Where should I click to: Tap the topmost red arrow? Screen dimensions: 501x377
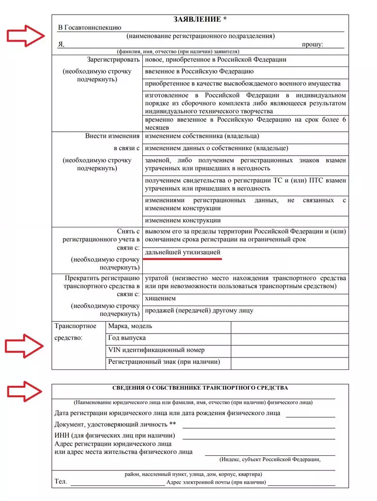(x=25, y=35)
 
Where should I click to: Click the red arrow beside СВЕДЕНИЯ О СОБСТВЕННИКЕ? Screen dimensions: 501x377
(x=25, y=391)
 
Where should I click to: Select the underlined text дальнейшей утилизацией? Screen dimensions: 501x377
(x=183, y=253)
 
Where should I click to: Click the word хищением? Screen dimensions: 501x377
(x=161, y=299)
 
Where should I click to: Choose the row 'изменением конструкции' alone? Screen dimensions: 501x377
(x=183, y=220)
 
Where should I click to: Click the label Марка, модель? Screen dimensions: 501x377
(x=130, y=326)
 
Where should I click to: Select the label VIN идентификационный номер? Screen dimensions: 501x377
(x=156, y=351)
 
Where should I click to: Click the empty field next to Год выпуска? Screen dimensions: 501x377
(x=289, y=339)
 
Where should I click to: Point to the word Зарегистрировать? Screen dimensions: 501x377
(x=114, y=60)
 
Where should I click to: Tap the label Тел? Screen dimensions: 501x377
(x=61, y=483)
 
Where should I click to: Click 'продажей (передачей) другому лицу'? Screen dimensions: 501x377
(x=199, y=310)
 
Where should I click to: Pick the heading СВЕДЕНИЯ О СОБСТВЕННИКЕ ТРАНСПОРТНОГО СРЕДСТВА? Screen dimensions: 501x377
(x=200, y=388)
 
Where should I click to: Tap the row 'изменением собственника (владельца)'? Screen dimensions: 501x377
(x=202, y=136)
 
